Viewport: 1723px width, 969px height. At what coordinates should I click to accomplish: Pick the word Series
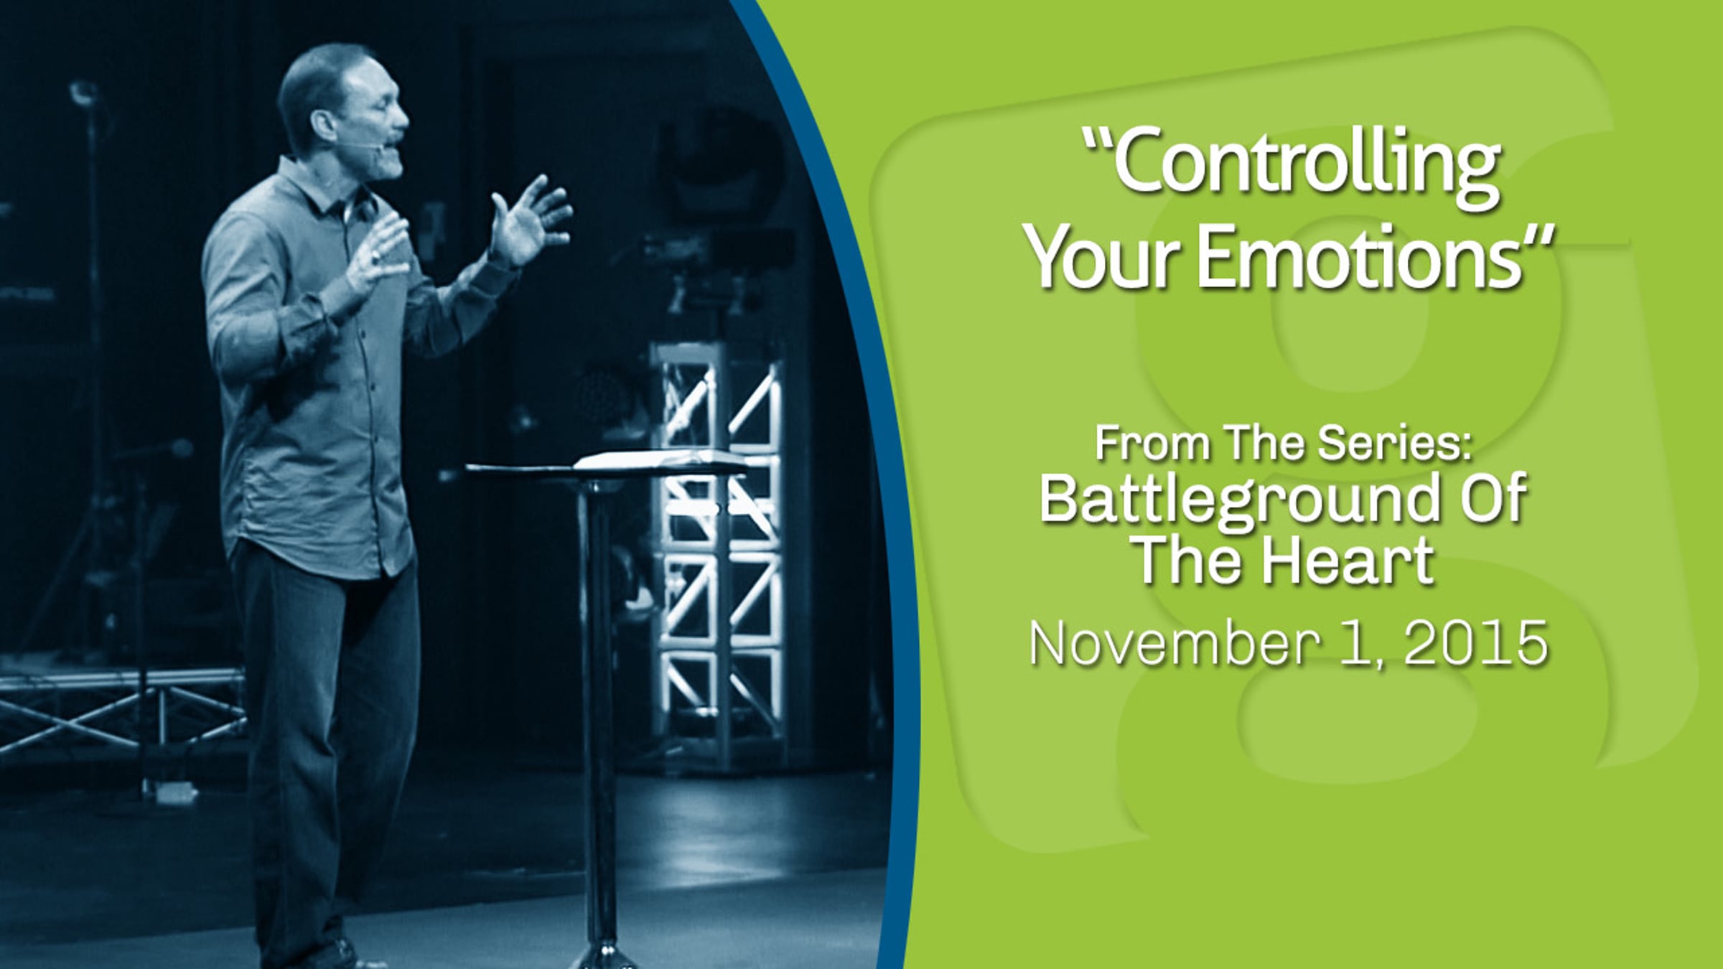click(x=1390, y=444)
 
